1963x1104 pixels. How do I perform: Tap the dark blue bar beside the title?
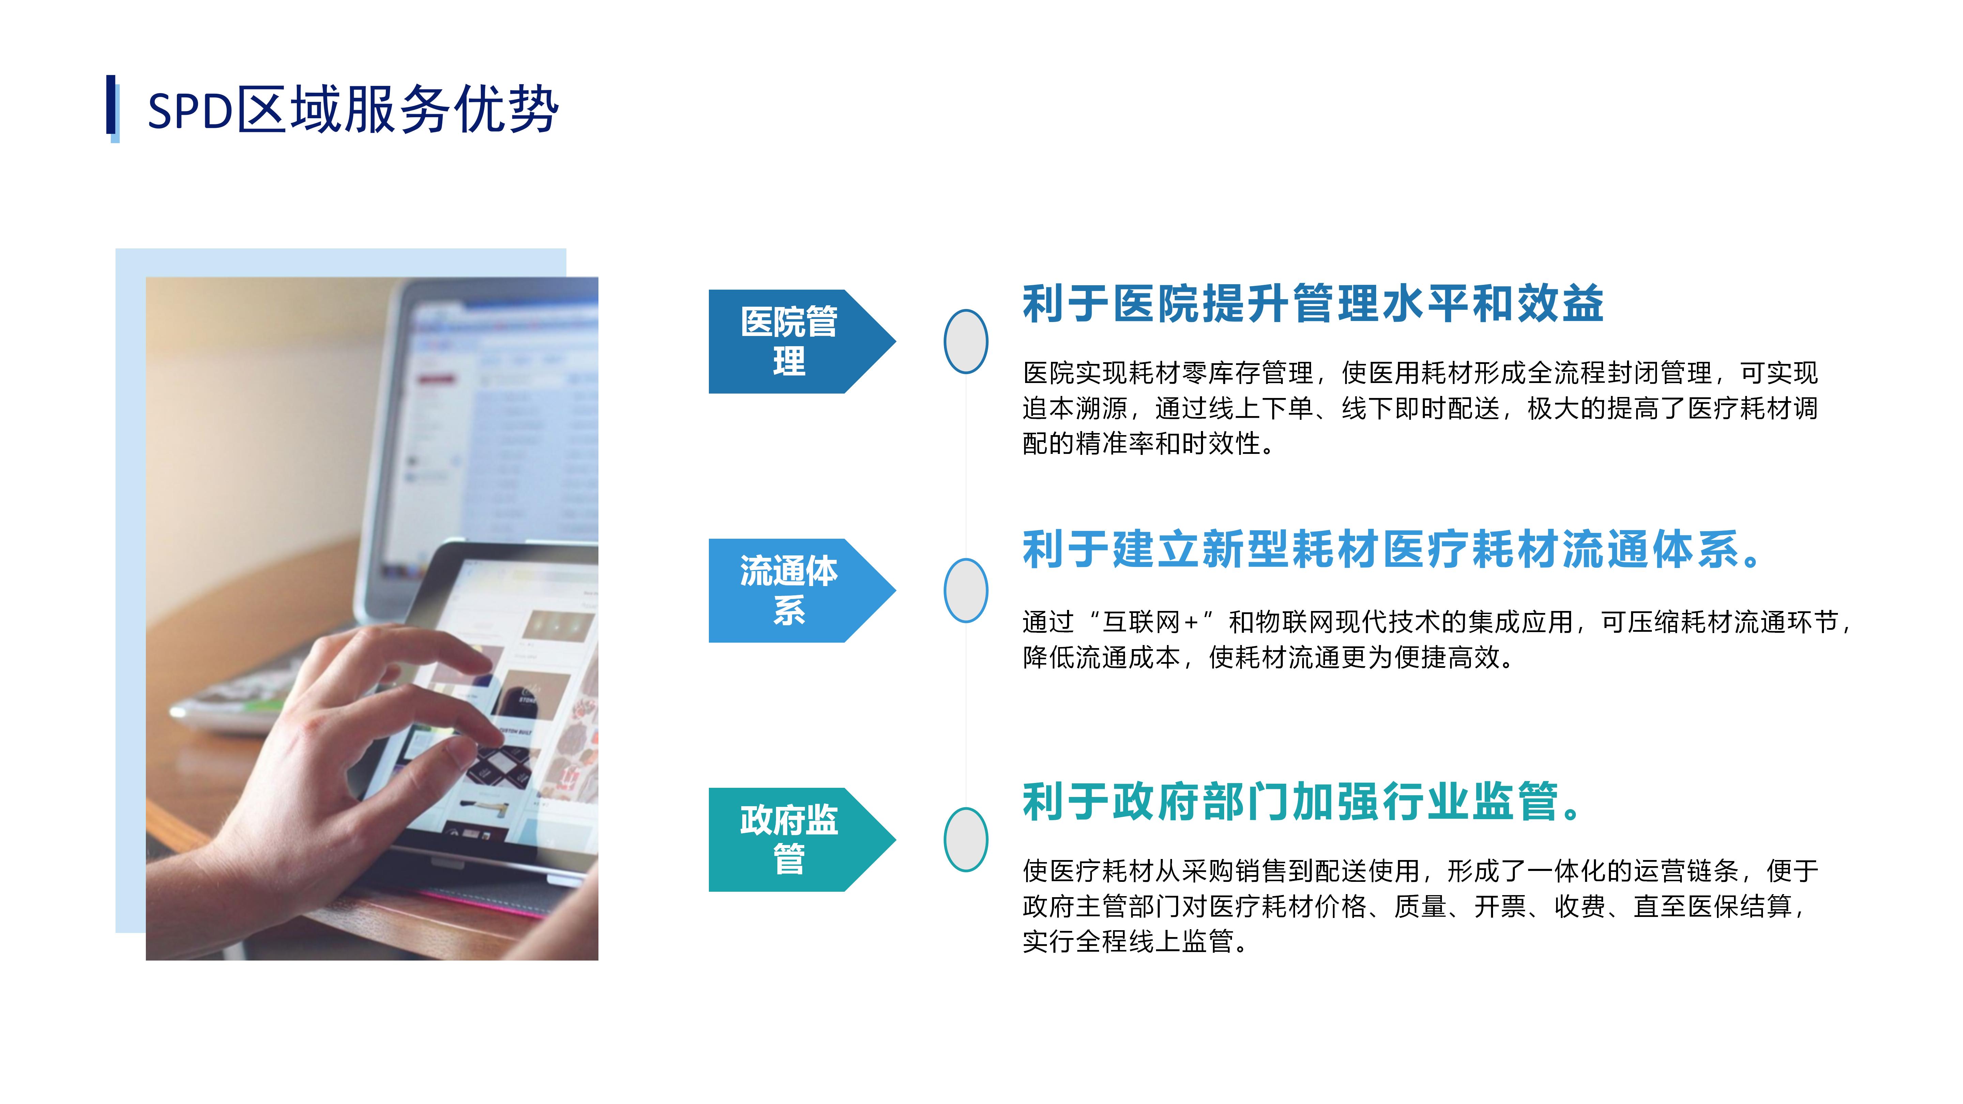click(110, 104)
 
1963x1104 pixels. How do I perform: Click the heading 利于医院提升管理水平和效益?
click(1313, 303)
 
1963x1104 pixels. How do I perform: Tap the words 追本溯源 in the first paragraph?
click(1075, 409)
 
